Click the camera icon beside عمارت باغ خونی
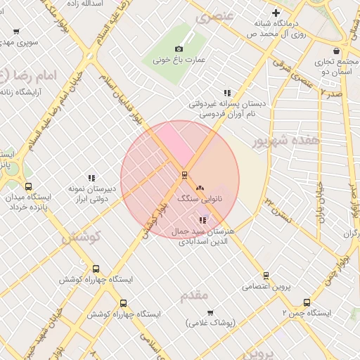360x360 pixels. click(179, 49)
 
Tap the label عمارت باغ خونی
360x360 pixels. click(179, 60)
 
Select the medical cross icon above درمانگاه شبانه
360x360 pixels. click(276, 13)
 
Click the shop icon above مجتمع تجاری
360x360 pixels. click(337, 51)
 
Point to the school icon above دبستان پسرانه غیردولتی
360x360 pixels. click(227, 93)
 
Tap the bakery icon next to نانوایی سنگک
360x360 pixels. click(201, 188)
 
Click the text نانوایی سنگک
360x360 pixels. click(200, 199)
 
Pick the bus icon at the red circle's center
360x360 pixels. click(184, 174)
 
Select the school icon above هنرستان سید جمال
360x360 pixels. click(203, 220)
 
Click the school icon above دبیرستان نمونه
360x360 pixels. click(91, 179)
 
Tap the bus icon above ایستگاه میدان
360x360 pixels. click(28, 186)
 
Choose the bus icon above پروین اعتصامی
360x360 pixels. click(266, 275)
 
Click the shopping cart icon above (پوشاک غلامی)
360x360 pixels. click(210, 312)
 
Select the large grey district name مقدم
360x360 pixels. click(195, 295)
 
